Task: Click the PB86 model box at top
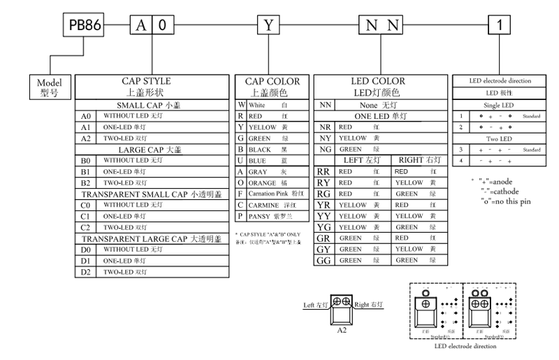84,26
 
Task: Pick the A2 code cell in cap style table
86,138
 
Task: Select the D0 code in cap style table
86,250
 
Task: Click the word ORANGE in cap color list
261,182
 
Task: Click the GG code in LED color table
324,261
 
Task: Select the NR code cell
324,127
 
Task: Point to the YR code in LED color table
324,205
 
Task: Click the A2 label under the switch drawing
342,329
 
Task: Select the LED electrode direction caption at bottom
465,346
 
